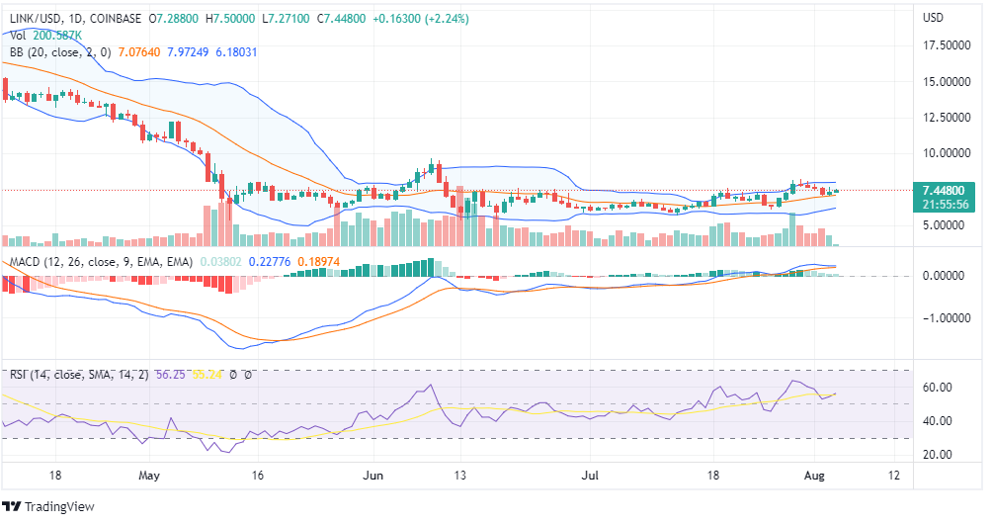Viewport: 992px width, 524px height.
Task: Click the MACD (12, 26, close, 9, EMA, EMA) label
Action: point(99,262)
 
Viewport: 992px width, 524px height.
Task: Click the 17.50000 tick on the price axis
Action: point(945,45)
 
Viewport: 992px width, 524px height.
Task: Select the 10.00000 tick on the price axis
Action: point(945,153)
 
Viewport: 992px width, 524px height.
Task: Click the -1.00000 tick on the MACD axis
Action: point(945,318)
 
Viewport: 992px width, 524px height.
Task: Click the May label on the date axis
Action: point(149,475)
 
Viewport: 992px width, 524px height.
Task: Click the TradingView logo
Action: point(54,506)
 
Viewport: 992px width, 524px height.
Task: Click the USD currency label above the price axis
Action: point(933,18)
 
